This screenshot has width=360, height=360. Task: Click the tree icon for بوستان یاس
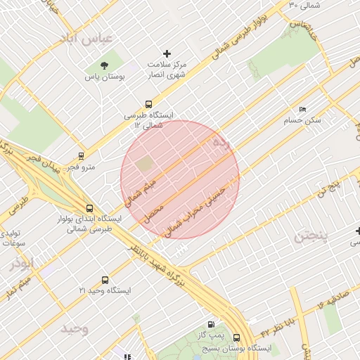click(x=105, y=65)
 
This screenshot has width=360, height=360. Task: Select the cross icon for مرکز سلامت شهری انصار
click(x=167, y=53)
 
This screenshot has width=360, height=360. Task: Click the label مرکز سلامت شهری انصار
click(x=166, y=68)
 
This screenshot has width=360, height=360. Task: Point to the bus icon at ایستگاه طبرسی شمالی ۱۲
click(x=148, y=104)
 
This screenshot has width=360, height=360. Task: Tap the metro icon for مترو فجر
click(x=81, y=156)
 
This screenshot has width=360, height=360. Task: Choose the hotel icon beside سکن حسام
click(x=303, y=110)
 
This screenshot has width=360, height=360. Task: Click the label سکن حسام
click(x=302, y=121)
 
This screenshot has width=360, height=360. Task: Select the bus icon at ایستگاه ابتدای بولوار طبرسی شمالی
click(x=89, y=208)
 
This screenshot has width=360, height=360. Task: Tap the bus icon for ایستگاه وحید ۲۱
click(x=105, y=280)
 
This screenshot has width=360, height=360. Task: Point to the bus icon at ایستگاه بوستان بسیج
click(x=236, y=337)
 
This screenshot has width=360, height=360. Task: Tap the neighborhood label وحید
click(x=74, y=329)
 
